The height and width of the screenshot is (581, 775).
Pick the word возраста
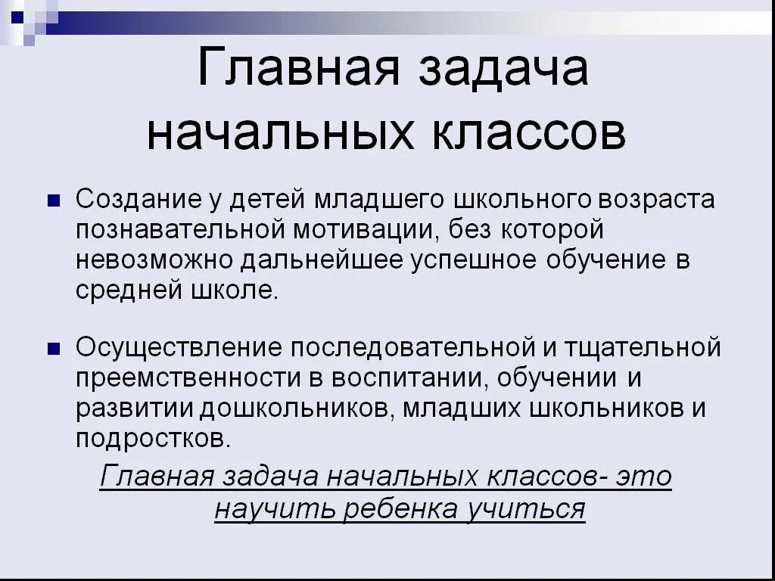pyautogui.click(x=656, y=200)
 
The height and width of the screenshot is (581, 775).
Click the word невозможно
pyautogui.click(x=155, y=260)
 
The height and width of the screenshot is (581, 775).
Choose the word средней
pyautogui.click(x=121, y=290)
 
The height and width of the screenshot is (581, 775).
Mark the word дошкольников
pyautogui.click(x=296, y=409)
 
